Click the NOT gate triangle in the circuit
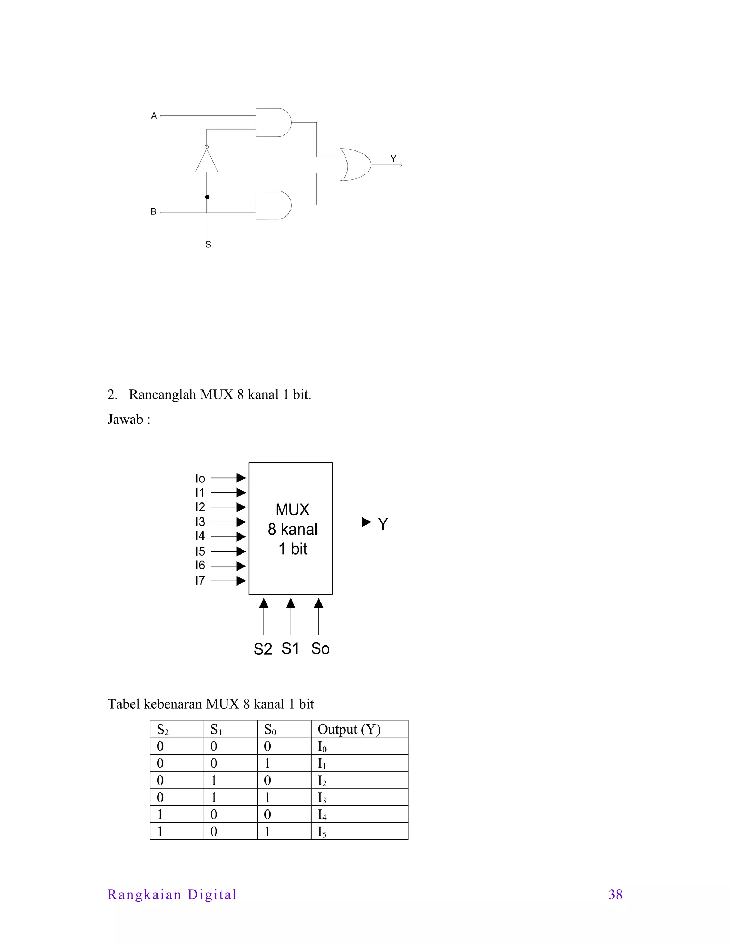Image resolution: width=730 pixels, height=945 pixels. (x=207, y=162)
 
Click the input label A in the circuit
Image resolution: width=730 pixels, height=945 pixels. (x=154, y=116)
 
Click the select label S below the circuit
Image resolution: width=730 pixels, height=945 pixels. (x=208, y=245)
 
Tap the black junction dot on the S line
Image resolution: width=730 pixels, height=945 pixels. (x=207, y=197)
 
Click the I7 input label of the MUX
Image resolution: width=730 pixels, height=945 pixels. (x=200, y=581)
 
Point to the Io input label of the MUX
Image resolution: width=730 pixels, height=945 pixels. (x=200, y=479)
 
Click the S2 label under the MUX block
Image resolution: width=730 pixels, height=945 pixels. (x=262, y=649)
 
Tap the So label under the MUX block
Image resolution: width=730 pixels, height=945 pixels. (x=320, y=649)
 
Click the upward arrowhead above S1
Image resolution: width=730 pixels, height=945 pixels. (x=291, y=603)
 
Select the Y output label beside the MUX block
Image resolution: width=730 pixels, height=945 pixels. (x=383, y=524)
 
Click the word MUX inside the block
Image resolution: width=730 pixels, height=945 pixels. (x=292, y=510)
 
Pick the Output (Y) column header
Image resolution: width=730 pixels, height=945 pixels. (x=349, y=730)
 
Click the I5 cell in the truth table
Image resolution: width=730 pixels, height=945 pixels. (x=322, y=832)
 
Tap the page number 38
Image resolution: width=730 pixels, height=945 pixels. (x=615, y=894)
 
